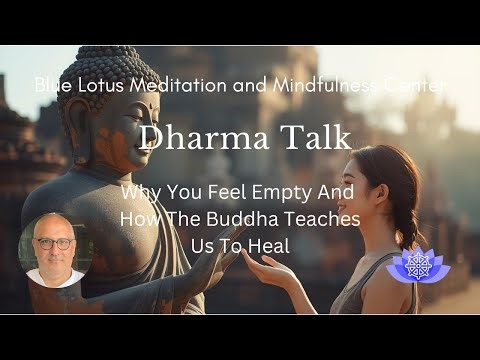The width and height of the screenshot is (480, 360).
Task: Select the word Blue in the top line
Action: (52, 85)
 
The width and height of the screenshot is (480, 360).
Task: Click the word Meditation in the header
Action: (176, 85)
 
